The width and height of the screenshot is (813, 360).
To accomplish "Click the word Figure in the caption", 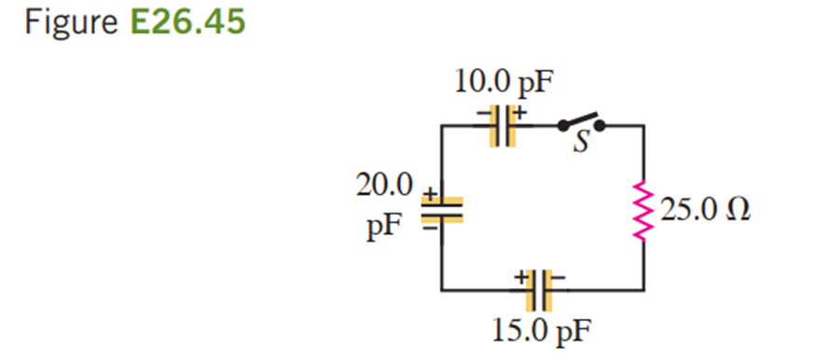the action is [71, 22].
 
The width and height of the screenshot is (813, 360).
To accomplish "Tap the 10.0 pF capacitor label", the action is [501, 84].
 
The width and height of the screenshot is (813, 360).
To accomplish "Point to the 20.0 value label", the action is [385, 186].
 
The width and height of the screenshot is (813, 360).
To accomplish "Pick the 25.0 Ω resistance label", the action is [706, 211].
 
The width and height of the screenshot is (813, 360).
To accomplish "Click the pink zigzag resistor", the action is [643, 211].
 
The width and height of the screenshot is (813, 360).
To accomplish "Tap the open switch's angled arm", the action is [580, 119].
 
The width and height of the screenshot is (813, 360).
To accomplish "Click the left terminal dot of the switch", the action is [562, 126].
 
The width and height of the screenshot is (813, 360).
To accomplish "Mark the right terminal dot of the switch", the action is [600, 126].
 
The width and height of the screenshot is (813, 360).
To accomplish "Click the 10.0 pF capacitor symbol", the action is [503, 126].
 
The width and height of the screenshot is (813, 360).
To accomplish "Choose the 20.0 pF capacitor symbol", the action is [441, 210].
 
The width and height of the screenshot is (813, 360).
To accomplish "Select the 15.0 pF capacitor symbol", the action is [540, 290].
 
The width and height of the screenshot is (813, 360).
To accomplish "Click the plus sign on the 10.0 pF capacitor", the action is [520, 110].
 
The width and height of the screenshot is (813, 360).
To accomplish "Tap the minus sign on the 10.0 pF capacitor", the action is [483, 112].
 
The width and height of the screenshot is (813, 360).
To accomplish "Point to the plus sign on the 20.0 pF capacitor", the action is [428, 193].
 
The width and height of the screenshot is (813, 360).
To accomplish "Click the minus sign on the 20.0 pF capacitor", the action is [430, 228].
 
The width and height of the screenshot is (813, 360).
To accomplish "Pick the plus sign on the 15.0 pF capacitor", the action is [520, 278].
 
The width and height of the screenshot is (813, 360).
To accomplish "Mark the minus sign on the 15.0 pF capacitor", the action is [558, 278].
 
